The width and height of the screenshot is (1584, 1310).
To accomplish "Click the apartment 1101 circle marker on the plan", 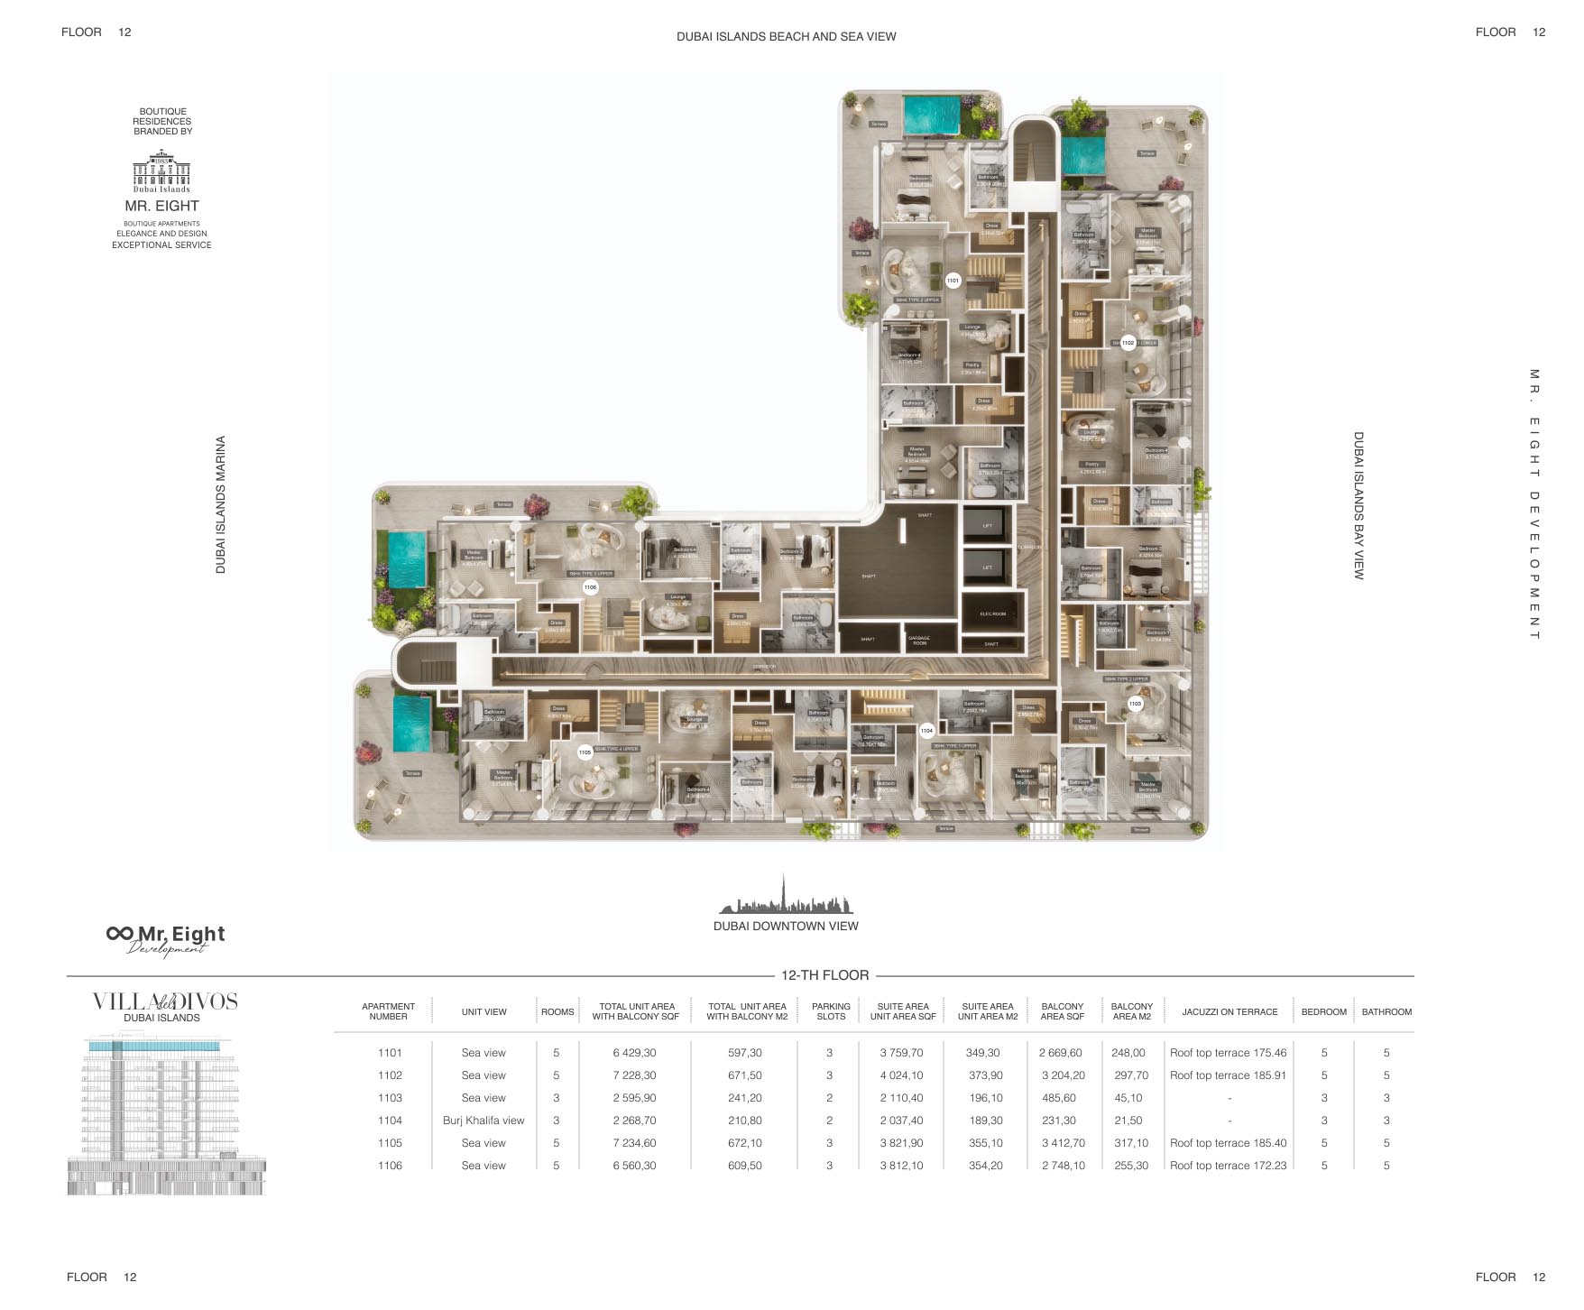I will pyautogui.click(x=953, y=281).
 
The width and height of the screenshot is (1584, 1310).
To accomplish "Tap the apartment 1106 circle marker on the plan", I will pyautogui.click(x=590, y=587).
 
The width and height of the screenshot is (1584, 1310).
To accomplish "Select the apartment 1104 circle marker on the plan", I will pyautogui.click(x=926, y=731).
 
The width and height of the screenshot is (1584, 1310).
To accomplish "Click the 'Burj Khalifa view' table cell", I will pyautogui.click(x=483, y=1121).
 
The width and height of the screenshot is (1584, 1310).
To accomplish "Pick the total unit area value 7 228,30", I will pyautogui.click(x=634, y=1075).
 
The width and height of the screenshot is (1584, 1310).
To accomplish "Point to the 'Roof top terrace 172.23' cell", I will pyautogui.click(x=1228, y=1166).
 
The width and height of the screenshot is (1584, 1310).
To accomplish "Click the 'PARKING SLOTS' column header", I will pyautogui.click(x=831, y=1011).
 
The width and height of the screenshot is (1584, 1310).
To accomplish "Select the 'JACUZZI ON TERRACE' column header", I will pyautogui.click(x=1229, y=1012).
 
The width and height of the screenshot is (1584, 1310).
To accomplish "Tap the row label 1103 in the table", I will pyautogui.click(x=390, y=1098).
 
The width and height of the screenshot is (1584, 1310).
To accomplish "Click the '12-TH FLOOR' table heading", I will pyautogui.click(x=824, y=975).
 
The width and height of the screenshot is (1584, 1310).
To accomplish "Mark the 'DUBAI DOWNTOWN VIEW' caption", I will pyautogui.click(x=786, y=926).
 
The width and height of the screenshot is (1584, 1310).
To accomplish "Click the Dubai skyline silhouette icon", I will pyautogui.click(x=786, y=896).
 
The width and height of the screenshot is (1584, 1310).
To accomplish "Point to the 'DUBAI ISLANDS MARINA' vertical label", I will pyautogui.click(x=221, y=504).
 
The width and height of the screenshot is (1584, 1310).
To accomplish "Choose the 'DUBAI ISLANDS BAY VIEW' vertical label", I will pyautogui.click(x=1358, y=505).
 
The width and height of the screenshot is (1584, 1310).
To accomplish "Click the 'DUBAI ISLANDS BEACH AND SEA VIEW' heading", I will pyautogui.click(x=786, y=37).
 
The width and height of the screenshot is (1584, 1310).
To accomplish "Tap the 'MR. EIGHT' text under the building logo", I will pyautogui.click(x=162, y=206).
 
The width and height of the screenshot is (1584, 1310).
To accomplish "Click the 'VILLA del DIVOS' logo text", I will pyautogui.click(x=165, y=1001).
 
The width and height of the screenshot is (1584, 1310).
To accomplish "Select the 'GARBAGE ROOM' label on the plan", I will pyautogui.click(x=919, y=641).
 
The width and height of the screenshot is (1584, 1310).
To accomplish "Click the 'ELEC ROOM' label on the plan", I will pyautogui.click(x=992, y=614).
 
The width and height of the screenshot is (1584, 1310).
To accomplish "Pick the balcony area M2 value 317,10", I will pyautogui.click(x=1131, y=1143).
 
